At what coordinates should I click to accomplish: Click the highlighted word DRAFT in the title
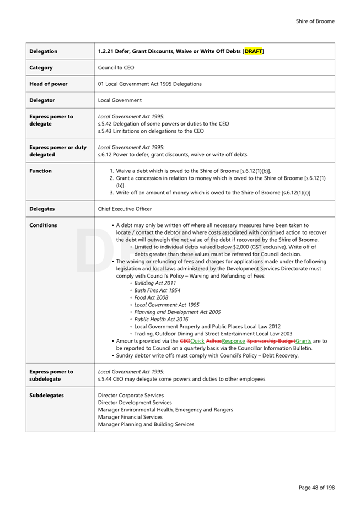coord(253,51)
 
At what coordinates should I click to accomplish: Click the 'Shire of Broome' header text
coord(315,21)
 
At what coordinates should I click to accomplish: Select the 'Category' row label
coord(41,68)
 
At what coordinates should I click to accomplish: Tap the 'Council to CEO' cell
coord(116,68)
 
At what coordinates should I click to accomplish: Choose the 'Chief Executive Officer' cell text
coord(125,209)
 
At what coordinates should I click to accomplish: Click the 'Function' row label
coord(40,171)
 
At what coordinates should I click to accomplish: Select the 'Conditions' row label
coord(43,225)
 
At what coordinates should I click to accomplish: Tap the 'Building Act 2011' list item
coord(155,283)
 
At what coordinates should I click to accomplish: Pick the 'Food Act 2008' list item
coord(151,297)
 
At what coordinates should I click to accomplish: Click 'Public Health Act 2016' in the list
coord(161,319)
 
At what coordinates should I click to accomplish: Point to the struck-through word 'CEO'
coord(185,341)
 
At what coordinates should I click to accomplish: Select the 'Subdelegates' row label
coord(46,396)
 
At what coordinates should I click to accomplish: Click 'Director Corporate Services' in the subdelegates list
coord(131,396)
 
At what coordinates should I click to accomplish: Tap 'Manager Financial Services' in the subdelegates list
coord(130,417)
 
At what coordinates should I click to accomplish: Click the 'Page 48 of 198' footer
coord(316,488)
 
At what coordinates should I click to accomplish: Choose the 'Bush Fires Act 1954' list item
coord(157,290)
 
